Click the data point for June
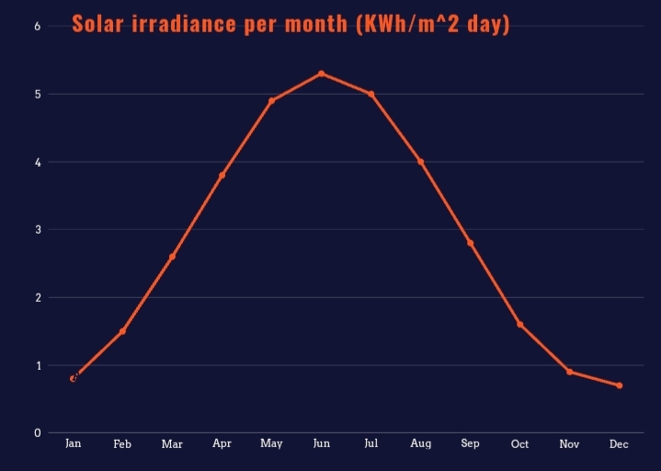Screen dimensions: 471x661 point(322,74)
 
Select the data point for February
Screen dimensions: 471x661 point(122,331)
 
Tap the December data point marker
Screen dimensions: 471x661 point(620,385)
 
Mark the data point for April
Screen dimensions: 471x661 point(222,175)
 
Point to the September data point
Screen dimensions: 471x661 point(471,243)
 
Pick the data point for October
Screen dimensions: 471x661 point(520,325)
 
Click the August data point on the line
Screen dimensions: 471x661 point(421,162)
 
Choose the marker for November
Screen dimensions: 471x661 point(570,372)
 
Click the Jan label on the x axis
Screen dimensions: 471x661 point(74,443)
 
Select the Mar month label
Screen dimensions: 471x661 point(172,444)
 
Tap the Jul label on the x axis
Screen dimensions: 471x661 point(371,443)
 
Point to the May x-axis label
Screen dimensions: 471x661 point(271,444)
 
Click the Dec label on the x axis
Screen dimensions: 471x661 point(619,444)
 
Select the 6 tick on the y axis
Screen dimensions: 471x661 point(38,26)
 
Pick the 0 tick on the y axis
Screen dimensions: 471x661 point(38,432)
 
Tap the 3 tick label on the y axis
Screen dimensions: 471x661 point(38,229)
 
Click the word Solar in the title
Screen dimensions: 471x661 point(97,24)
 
